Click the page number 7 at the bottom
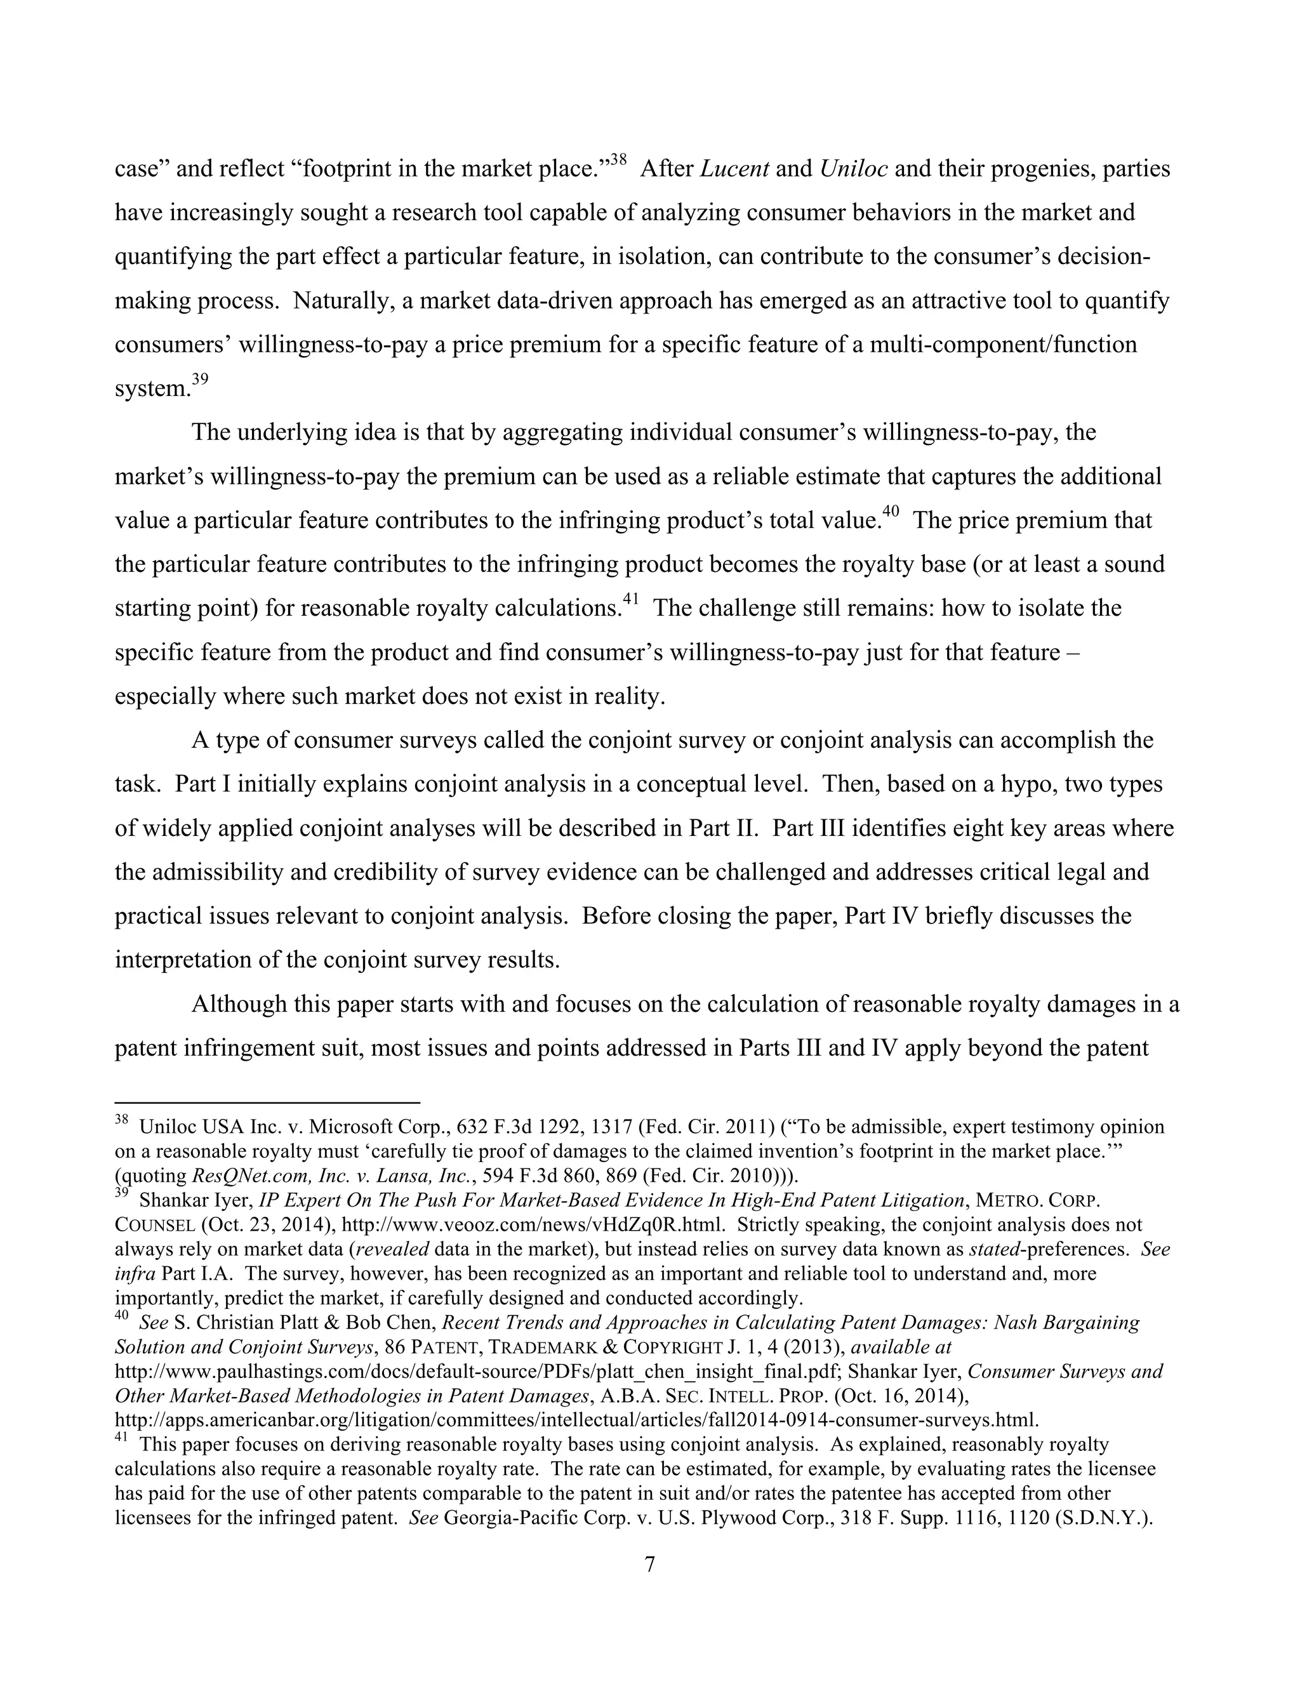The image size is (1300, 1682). point(649,1564)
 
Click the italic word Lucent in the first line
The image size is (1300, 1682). point(734,169)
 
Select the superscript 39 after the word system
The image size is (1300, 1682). point(200,379)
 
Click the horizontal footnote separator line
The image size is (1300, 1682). point(267,1103)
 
